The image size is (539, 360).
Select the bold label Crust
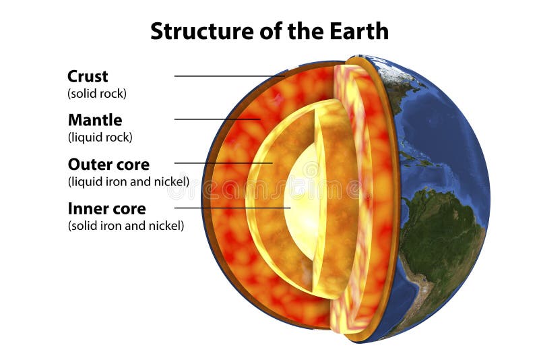88,76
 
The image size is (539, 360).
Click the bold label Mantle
95,120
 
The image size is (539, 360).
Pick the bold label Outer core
108,164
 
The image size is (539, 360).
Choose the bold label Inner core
106,208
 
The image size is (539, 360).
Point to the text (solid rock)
97,94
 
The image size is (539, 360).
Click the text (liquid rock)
100,138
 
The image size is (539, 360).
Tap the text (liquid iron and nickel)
128,181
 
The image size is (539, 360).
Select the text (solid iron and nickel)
125,226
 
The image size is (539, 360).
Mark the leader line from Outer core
222,163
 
